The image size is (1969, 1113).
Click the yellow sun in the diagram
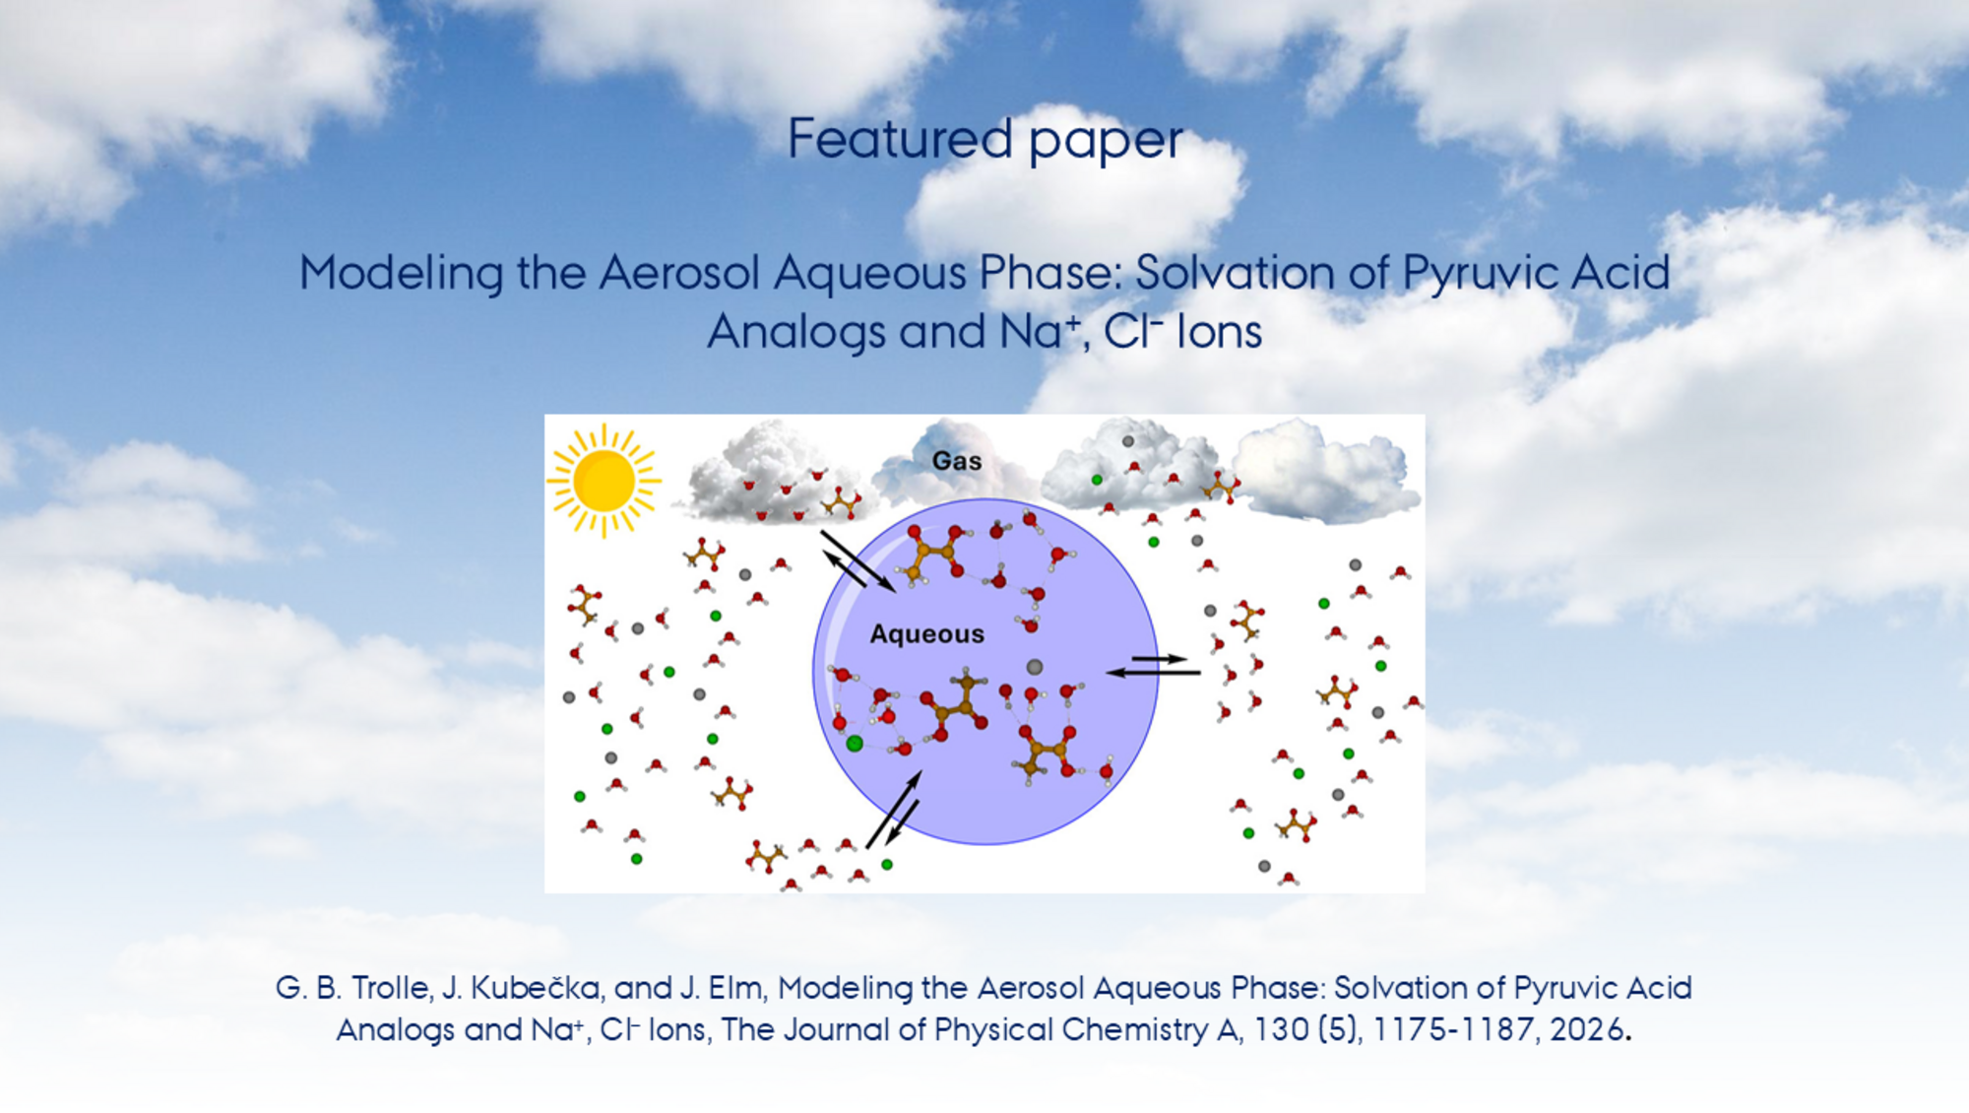(x=603, y=481)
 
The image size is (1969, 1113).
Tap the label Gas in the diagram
(x=957, y=461)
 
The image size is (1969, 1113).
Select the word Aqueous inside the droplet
(x=926, y=634)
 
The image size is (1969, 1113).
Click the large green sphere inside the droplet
(x=855, y=744)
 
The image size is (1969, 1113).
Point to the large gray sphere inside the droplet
(x=1034, y=667)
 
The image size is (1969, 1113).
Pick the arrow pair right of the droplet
(x=1154, y=665)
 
